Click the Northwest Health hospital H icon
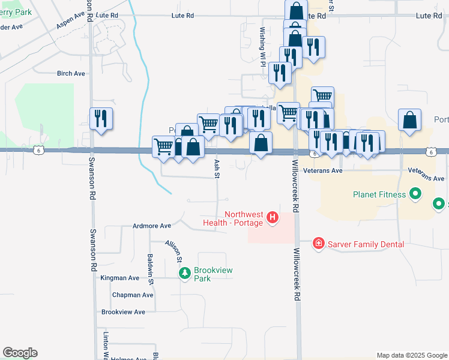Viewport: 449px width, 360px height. point(273,217)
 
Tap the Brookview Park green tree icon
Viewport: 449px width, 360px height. point(185,274)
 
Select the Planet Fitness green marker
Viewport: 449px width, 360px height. point(414,194)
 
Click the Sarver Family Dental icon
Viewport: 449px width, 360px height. point(318,244)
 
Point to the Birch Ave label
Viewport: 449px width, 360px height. point(71,74)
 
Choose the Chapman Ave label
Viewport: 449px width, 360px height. point(133,295)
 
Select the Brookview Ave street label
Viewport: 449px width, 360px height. point(124,312)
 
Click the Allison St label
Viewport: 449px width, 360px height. point(174,251)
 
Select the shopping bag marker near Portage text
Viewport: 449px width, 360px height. point(409,120)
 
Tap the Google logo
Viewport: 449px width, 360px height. point(20,353)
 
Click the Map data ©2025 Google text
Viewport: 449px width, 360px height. point(411,355)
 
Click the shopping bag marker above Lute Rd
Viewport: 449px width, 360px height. point(295,10)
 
